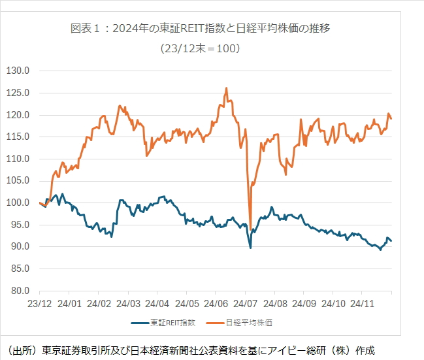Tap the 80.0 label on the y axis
pos(20,290)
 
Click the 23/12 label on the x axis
pos(39,304)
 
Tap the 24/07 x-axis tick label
pos(246,304)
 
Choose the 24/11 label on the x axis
pos(363,304)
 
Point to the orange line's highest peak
pos(226,88)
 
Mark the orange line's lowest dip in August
pos(251,230)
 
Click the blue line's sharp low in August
pos(251,248)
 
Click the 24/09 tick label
pos(304,304)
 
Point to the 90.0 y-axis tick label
pos(20,246)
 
